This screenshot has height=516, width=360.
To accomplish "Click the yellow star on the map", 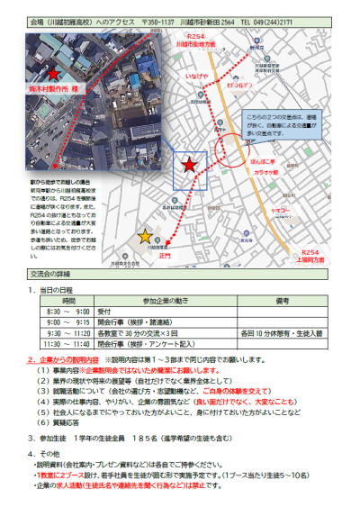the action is tap(146, 237).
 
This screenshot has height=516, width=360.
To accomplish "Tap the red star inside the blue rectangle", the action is tap(189, 165).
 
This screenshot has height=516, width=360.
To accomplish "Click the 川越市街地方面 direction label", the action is tap(223, 42).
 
